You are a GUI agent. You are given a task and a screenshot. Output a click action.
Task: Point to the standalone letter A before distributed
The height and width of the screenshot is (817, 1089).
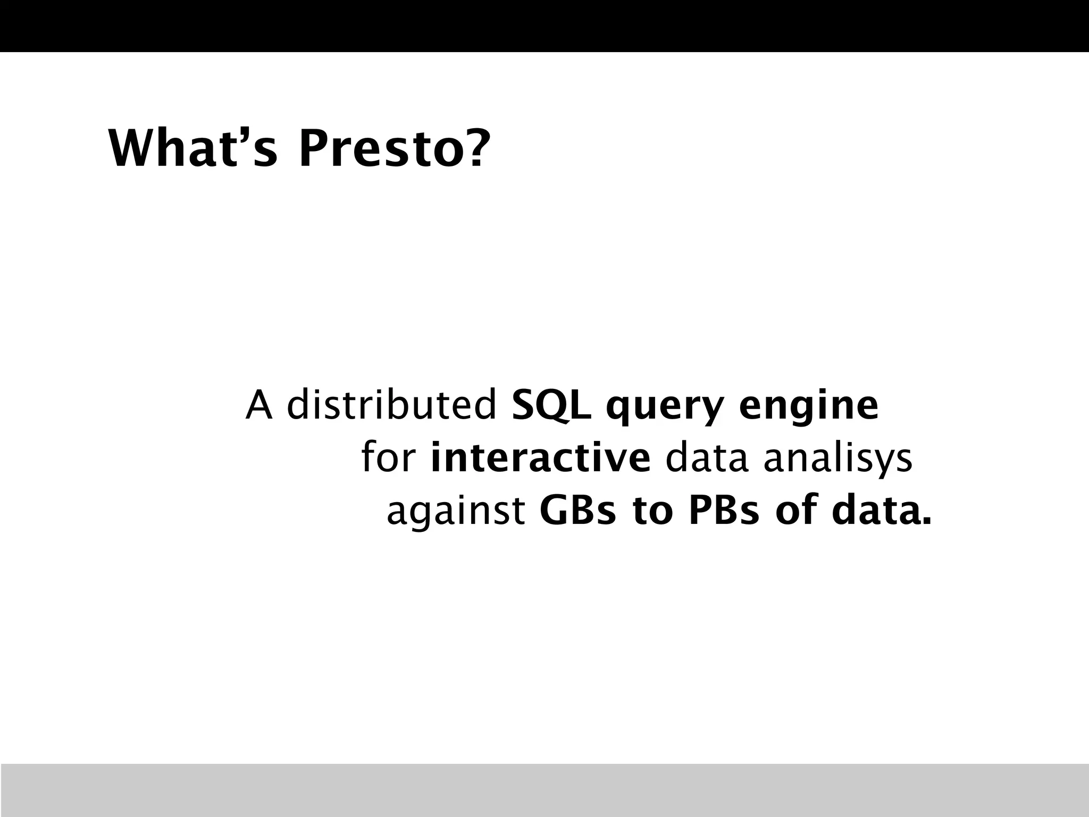pyautogui.click(x=259, y=405)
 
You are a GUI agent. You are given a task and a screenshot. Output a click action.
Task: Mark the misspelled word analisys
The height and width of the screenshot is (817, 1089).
pyautogui.click(x=838, y=460)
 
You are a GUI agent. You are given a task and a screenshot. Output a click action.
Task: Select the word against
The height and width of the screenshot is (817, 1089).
pyautogui.click(x=456, y=512)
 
